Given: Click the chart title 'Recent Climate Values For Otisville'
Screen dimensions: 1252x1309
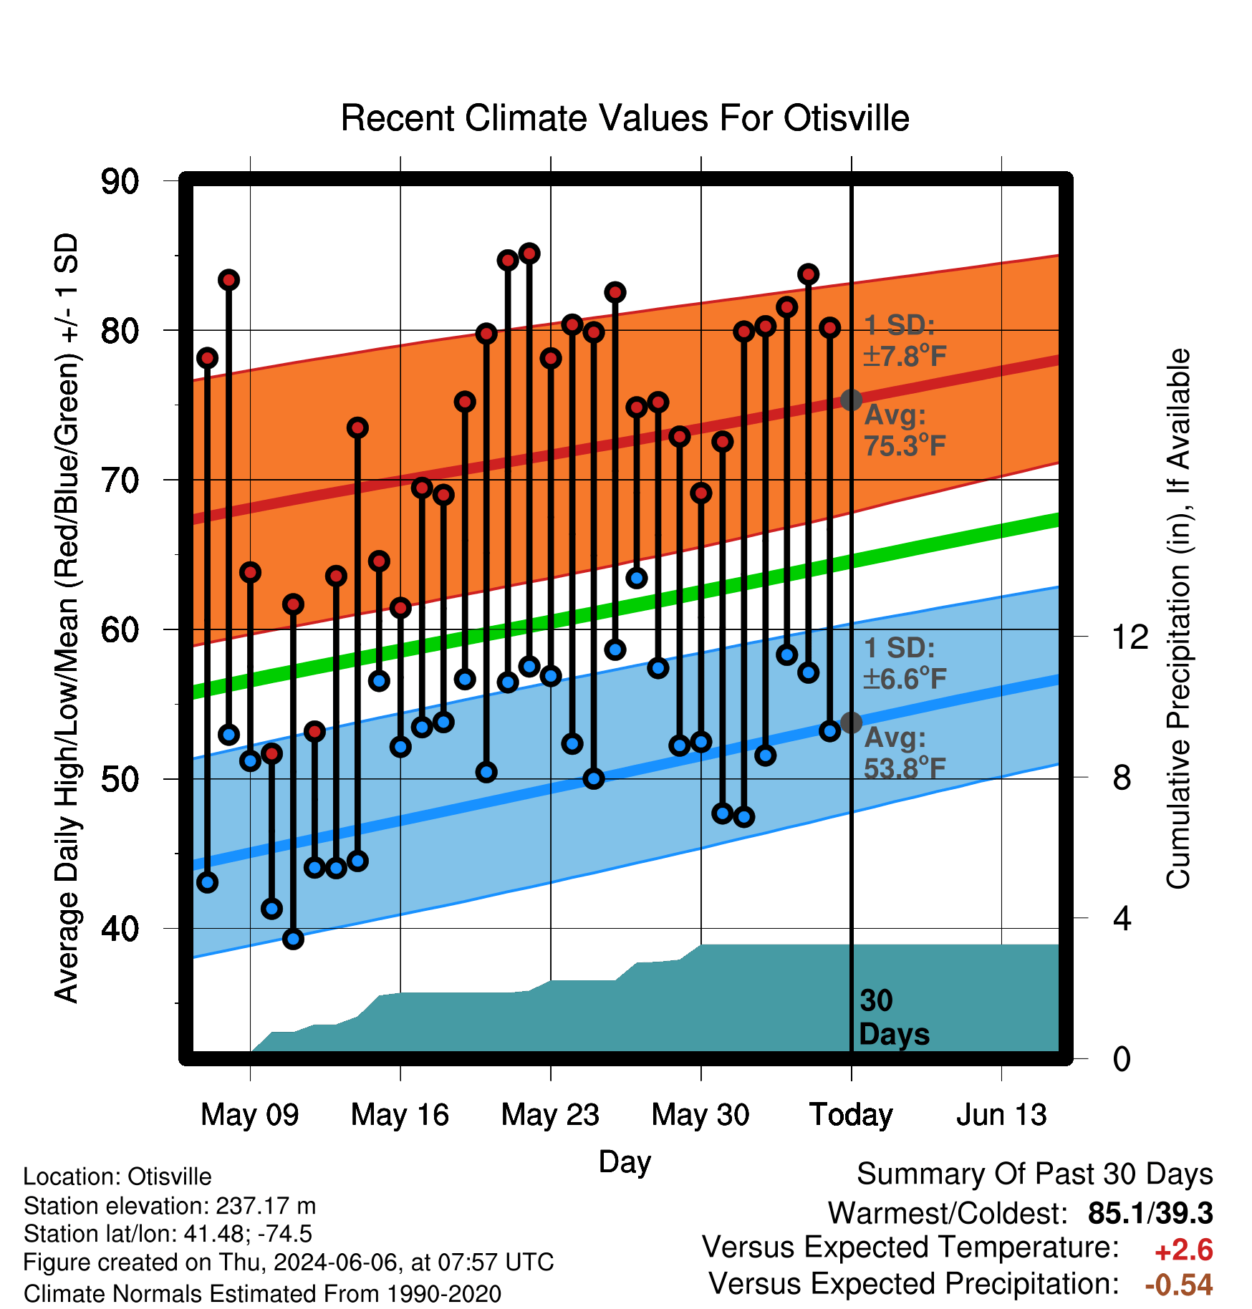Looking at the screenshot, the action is [625, 118].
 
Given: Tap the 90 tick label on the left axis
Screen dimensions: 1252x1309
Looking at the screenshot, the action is [120, 181].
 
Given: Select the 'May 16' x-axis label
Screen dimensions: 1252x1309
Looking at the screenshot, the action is [400, 1115].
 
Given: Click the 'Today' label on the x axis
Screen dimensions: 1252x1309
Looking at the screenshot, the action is [851, 1115].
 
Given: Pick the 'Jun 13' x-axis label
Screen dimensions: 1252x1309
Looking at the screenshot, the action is [1001, 1115].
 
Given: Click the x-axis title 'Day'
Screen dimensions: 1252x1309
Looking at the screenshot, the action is [625, 1162].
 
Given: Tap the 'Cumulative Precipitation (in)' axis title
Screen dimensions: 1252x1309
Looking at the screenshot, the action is [1178, 619].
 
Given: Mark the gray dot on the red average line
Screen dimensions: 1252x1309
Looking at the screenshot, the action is [851, 400].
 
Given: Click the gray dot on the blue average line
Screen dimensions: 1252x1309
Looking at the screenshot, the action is [851, 723].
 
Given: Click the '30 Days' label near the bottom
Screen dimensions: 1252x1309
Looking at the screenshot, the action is [894, 1018].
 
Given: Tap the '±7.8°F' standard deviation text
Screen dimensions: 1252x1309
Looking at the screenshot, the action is [905, 355].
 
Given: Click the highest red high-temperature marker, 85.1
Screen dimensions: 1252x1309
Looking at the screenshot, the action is [529, 253].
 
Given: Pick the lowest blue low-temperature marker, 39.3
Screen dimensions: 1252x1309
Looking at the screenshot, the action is [293, 939].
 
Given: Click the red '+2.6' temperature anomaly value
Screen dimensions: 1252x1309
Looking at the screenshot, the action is [1184, 1250].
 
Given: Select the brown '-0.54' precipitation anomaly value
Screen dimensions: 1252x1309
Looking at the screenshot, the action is [1179, 1285].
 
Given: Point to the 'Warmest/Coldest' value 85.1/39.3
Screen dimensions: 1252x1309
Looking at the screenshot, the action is [1150, 1213].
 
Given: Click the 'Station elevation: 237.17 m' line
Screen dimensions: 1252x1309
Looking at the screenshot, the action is [170, 1206].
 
